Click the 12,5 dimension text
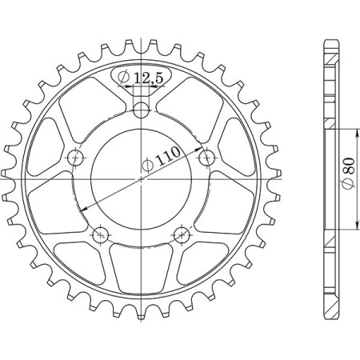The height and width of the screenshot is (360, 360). point(150,77)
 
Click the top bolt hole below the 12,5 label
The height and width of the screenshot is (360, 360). point(141,110)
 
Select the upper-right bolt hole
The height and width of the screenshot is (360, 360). point(206,155)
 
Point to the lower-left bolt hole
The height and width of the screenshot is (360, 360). point(101,234)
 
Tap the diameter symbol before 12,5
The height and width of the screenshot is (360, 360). point(125,77)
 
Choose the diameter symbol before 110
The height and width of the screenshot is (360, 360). point(146,166)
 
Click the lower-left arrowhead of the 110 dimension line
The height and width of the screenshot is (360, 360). point(82,209)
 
